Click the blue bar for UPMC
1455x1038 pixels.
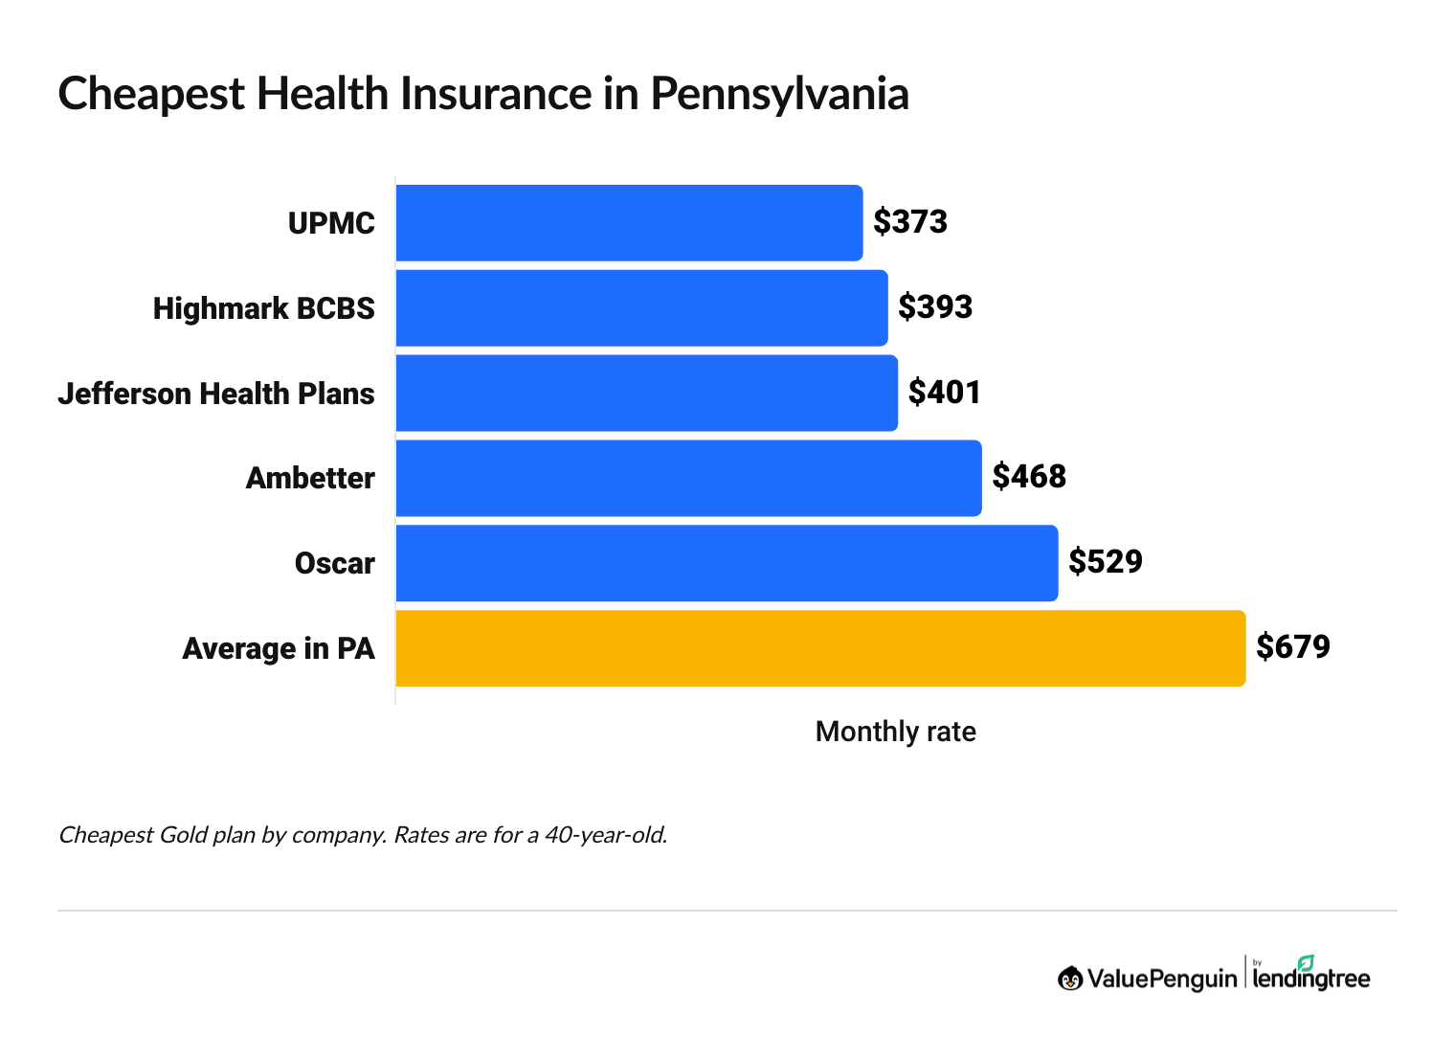pos(629,223)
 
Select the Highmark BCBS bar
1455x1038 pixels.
pos(641,308)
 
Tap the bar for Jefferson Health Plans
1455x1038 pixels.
pos(646,394)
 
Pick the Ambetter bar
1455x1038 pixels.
pos(688,478)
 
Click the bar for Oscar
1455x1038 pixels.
pos(727,563)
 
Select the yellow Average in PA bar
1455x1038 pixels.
pos(820,648)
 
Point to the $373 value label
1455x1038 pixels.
pos(910,222)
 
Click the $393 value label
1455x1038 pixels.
pos(935,307)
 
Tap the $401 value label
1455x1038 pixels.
pos(945,393)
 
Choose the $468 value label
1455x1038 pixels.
pos(1029,477)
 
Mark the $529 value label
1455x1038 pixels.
pos(1106,562)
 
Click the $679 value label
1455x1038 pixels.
pos(1293,647)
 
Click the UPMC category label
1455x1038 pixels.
pos(331,223)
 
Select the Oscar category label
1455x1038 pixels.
pos(334,563)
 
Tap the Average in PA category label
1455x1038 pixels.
pos(279,649)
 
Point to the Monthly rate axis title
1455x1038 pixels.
pos(895,732)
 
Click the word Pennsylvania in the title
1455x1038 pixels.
pos(779,95)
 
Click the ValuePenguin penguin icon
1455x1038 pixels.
pos(1070,979)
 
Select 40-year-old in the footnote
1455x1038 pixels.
pos(605,835)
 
